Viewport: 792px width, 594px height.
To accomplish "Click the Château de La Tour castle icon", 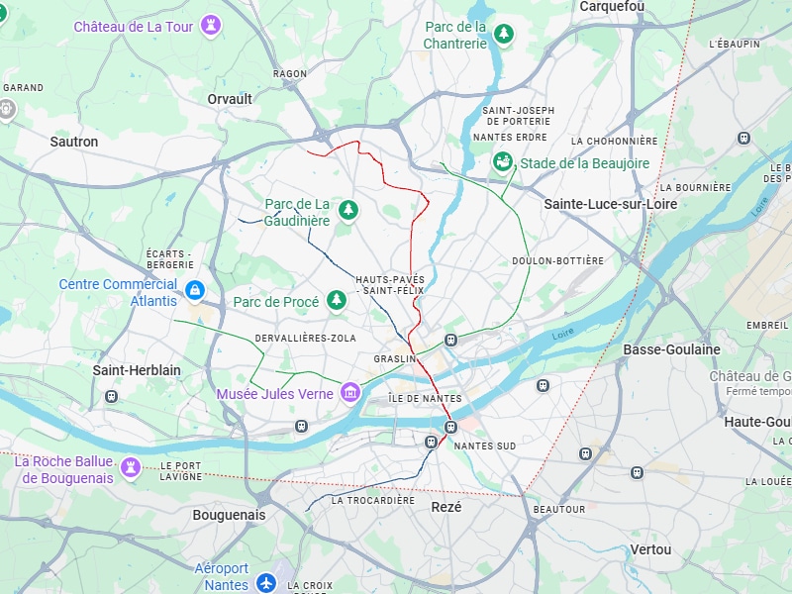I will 210,27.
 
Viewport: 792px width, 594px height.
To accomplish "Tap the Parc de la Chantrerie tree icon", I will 504,35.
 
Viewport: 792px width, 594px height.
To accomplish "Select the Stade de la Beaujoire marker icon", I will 503,162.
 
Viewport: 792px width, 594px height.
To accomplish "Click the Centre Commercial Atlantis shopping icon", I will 195,291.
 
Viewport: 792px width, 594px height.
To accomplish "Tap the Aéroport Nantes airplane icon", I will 265,583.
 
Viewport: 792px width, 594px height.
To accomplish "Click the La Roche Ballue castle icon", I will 131,466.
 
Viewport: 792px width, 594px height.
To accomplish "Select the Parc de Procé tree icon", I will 337,300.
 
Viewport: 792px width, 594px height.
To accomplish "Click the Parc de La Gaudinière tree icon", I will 347,209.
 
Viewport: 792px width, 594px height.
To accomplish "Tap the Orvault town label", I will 230,99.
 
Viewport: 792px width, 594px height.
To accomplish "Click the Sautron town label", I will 74,142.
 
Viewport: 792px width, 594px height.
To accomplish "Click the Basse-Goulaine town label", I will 671,349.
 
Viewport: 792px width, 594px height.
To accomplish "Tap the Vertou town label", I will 650,549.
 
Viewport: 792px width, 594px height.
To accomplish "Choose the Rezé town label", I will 446,506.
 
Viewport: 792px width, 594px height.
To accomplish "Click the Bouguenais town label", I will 229,515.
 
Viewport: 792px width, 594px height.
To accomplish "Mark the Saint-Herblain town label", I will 137,370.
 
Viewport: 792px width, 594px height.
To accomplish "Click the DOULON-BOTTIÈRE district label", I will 557,261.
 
